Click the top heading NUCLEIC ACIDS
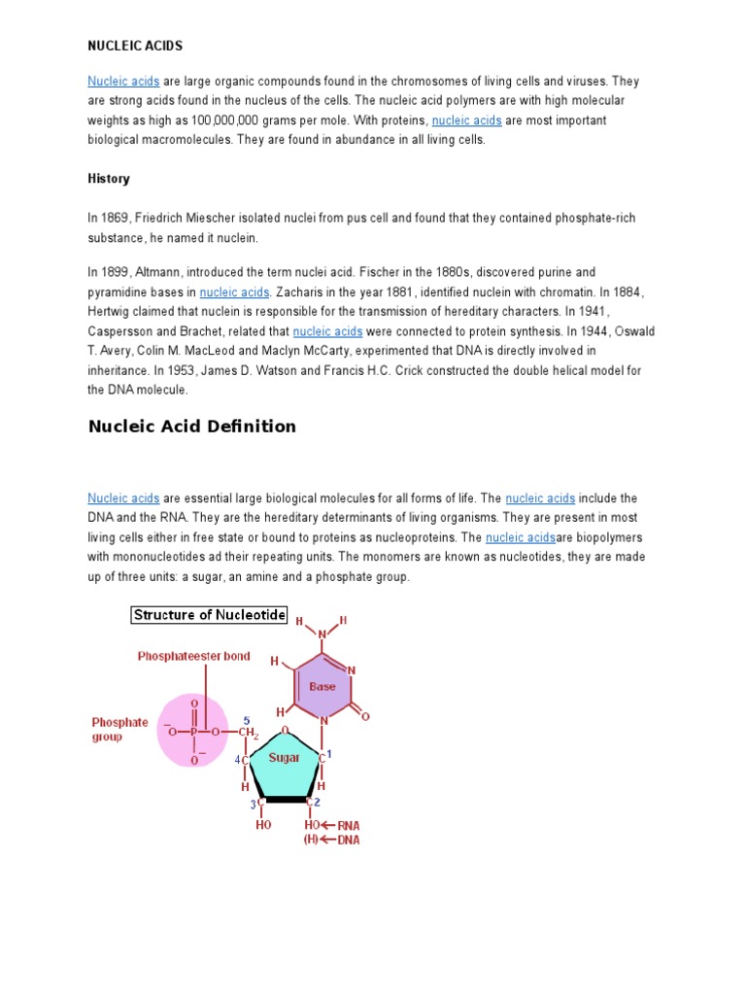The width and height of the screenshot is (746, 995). (x=135, y=46)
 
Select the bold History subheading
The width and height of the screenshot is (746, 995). (x=109, y=179)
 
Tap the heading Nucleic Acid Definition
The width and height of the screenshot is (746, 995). (x=191, y=427)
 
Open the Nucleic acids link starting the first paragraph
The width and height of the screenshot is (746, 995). (x=123, y=82)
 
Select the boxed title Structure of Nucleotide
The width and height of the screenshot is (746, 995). (x=209, y=615)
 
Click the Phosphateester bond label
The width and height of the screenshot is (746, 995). (x=193, y=656)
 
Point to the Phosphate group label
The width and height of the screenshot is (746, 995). (x=119, y=730)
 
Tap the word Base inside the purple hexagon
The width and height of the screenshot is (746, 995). (x=322, y=686)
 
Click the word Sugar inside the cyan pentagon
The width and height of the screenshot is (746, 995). (x=284, y=757)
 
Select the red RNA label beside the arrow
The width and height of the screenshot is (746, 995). (x=348, y=825)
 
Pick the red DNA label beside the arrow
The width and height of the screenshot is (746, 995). (x=348, y=841)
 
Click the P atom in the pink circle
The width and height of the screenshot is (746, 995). (x=193, y=732)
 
